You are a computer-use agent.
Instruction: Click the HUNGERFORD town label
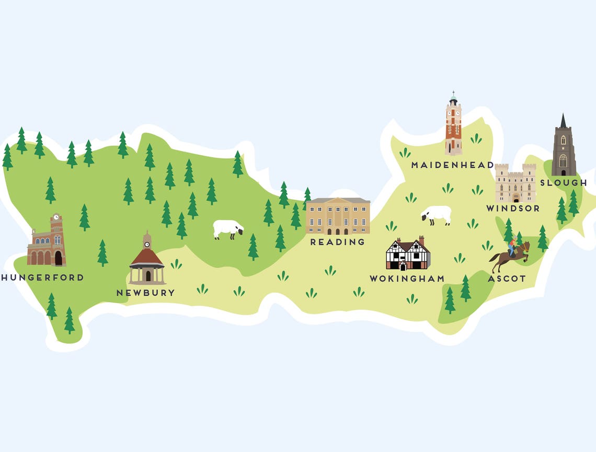click(42, 277)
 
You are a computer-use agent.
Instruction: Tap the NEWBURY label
click(145, 293)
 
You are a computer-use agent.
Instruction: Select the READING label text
click(337, 242)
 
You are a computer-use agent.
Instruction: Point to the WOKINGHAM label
click(407, 279)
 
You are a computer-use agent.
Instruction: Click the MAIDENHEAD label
click(452, 165)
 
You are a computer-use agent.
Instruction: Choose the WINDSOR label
click(512, 208)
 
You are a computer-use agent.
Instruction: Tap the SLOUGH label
click(563, 182)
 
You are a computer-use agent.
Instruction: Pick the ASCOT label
click(507, 279)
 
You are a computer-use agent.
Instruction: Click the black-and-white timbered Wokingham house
click(408, 254)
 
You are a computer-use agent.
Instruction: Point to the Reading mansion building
click(338, 216)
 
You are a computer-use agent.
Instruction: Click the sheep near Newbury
click(228, 229)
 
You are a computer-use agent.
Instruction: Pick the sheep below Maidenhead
click(437, 214)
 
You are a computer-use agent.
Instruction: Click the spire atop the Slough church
click(563, 121)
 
